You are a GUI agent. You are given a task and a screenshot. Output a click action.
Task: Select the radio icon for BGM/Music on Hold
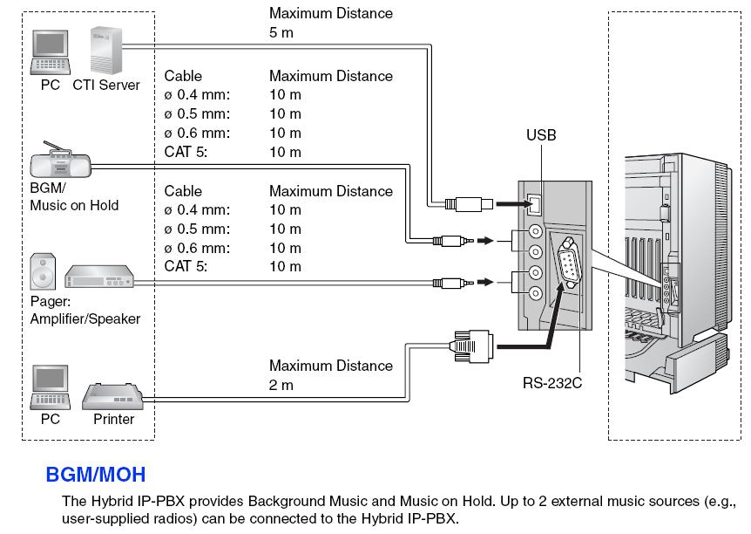tap(60, 161)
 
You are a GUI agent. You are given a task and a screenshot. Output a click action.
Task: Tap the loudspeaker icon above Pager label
tap(43, 271)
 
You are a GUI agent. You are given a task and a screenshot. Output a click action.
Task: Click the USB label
tap(540, 135)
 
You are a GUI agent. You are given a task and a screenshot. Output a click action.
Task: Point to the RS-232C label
tap(552, 381)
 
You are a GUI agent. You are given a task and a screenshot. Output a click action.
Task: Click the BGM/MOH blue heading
tap(95, 476)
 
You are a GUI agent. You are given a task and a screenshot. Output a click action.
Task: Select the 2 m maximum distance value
tap(281, 385)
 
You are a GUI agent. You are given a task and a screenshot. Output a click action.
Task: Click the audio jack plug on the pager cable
tap(452, 282)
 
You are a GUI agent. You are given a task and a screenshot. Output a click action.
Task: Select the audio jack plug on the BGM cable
tap(452, 239)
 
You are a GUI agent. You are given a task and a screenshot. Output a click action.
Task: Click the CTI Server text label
tap(107, 86)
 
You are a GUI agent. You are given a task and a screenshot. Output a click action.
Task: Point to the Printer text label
tap(114, 419)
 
